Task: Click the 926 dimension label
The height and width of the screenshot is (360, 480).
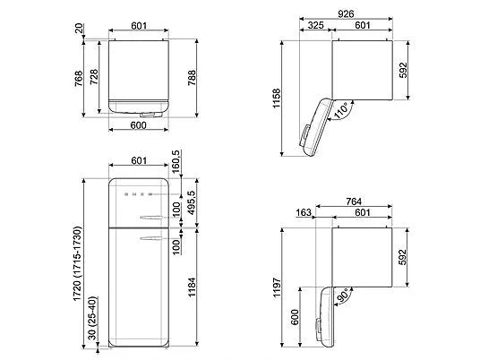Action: (x=346, y=13)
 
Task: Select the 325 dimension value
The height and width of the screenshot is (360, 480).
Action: (x=315, y=25)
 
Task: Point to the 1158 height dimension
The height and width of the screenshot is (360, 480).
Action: (x=277, y=98)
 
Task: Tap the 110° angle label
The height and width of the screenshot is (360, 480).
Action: (x=341, y=111)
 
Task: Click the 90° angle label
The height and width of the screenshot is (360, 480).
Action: (x=342, y=296)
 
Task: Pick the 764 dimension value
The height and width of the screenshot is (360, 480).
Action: (x=354, y=201)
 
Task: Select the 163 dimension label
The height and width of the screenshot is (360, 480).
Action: (x=304, y=212)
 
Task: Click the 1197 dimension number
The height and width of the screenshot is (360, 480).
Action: (x=277, y=287)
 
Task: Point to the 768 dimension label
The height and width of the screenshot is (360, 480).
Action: (x=79, y=79)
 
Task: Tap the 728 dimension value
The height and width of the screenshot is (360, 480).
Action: (x=94, y=77)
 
